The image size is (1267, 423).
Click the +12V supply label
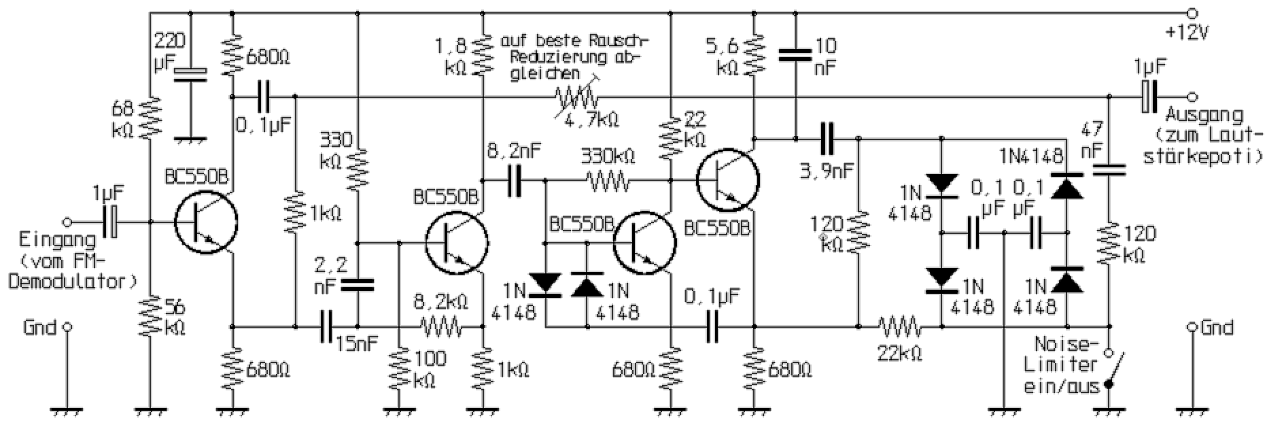[1180, 32]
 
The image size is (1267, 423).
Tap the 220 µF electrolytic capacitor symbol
[190, 75]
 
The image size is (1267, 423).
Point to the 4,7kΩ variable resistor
[576, 97]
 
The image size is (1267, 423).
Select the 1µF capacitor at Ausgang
[1148, 97]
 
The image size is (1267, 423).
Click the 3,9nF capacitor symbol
[827, 139]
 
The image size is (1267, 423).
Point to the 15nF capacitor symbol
[326, 327]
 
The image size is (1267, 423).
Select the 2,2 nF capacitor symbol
[358, 285]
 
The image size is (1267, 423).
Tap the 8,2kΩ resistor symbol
[442, 327]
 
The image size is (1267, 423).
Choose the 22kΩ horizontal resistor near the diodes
[900, 327]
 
